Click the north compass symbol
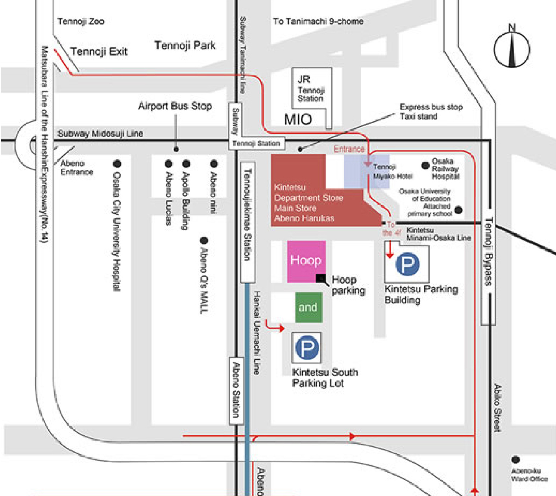512,49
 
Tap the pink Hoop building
306,261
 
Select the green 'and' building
308,307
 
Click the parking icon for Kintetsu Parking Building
407,264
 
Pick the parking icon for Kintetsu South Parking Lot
307,347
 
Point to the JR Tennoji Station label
310,89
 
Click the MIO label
298,119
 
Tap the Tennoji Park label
185,45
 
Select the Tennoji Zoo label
81,21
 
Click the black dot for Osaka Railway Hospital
425,166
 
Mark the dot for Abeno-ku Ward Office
515,459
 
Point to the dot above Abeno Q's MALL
204,240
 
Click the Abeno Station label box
236,390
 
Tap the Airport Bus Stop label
175,106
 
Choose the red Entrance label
349,149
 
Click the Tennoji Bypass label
488,251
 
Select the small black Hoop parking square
321,278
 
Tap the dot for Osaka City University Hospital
117,164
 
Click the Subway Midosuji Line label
100,133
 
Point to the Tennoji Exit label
99,52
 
